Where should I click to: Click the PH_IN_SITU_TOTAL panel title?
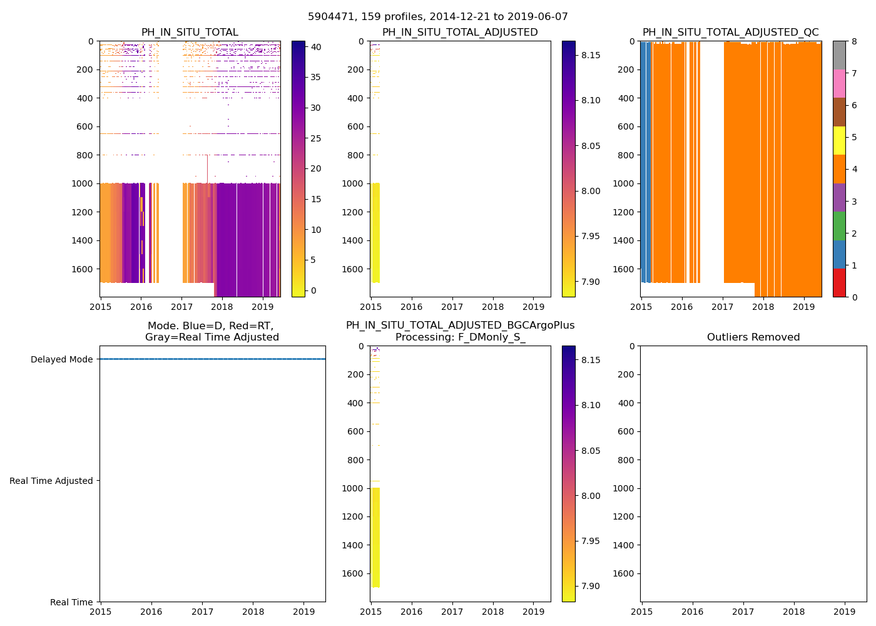tap(190, 33)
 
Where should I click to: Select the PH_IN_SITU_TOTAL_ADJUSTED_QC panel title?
tap(730, 33)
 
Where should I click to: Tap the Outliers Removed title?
tap(753, 337)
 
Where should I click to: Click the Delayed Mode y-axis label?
tap(61, 359)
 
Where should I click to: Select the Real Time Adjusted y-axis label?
tap(51, 481)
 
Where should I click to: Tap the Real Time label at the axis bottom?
tap(71, 602)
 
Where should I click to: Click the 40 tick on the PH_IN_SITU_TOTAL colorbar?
tap(316, 47)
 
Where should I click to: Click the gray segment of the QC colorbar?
tap(839, 55)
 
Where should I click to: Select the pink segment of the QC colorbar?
tap(839, 83)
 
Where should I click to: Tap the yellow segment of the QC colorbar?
tap(839, 140)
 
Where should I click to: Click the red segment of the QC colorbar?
tap(839, 282)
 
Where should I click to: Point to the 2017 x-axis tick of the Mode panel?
tap(202, 612)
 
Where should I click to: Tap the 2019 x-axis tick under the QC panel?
tap(803, 307)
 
